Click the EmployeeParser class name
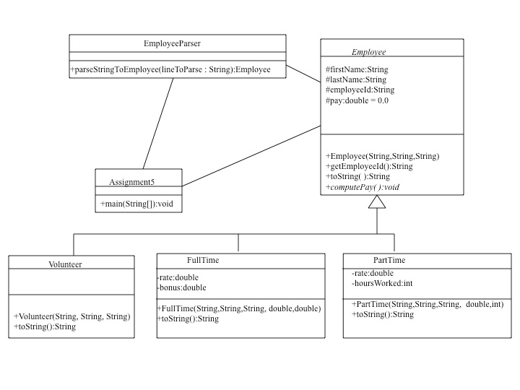[172, 43]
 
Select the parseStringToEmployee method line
[170, 69]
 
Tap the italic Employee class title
[368, 52]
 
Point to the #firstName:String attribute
[356, 69]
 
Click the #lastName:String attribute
[355, 79]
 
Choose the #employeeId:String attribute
[360, 90]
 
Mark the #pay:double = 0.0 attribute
[357, 100]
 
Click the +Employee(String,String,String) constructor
[382, 156]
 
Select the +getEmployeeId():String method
[369, 166]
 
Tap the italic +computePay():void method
[363, 187]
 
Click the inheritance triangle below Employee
[377, 201]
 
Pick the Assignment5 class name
[131, 181]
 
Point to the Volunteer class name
[65, 264]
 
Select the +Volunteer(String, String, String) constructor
[71, 316]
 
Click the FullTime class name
[203, 260]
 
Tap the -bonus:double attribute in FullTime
[181, 287]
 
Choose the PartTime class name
[389, 260]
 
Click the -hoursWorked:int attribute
[382, 284]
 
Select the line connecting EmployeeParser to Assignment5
[157, 123]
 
